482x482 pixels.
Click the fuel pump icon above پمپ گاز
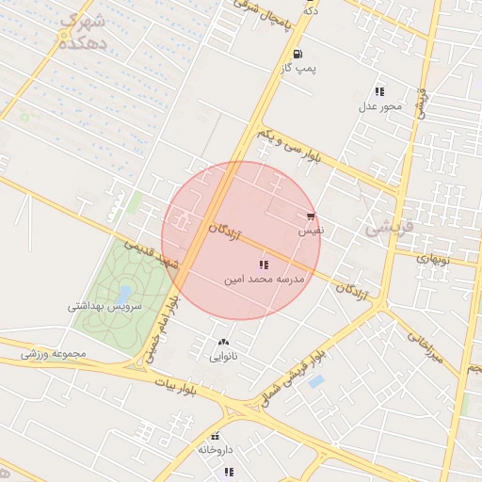[297, 54]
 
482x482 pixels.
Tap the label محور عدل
[379, 105]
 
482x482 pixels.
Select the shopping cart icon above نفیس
[311, 217]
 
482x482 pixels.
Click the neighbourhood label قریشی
[387, 226]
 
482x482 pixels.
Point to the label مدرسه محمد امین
[265, 280]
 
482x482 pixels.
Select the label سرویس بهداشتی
[104, 306]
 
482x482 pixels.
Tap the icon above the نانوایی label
[223, 342]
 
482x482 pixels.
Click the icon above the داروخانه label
[216, 436]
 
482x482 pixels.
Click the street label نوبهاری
[435, 257]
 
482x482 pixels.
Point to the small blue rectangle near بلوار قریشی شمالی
[316, 381]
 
